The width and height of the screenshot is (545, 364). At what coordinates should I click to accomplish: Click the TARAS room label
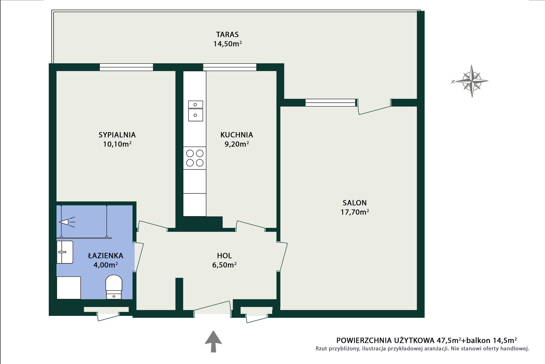point(227,34)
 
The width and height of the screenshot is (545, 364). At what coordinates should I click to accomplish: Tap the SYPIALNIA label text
point(117,135)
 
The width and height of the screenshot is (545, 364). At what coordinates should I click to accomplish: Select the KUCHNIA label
point(236,135)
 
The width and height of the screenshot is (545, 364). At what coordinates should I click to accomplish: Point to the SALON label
point(355,203)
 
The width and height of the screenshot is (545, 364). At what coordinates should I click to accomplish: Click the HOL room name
point(224,256)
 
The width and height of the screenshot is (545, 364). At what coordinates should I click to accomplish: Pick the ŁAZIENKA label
point(106,255)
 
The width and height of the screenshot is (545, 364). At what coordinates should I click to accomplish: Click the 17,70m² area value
point(355,212)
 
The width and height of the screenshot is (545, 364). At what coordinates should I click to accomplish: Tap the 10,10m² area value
point(117,144)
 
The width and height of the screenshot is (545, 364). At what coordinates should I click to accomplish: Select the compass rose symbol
point(471,81)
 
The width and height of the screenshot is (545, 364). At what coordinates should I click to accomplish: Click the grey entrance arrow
point(213,341)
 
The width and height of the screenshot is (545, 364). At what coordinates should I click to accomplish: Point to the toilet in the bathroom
point(114,287)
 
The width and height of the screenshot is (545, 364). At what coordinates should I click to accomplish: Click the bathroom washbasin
point(65,252)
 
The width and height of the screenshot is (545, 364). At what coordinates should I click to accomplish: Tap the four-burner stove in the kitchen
point(194,158)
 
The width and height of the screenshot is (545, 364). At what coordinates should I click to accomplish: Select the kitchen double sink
point(196,111)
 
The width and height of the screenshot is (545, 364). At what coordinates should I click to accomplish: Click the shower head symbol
point(67,222)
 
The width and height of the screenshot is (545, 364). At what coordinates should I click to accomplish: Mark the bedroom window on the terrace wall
point(126,67)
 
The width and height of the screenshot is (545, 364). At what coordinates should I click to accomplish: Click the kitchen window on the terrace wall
point(230,67)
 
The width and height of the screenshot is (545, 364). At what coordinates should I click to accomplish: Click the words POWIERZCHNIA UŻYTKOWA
point(385,340)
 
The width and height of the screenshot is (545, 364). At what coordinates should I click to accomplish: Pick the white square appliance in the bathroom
point(68,288)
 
